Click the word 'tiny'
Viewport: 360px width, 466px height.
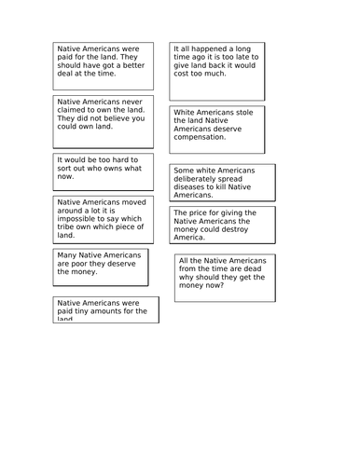(86, 312)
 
